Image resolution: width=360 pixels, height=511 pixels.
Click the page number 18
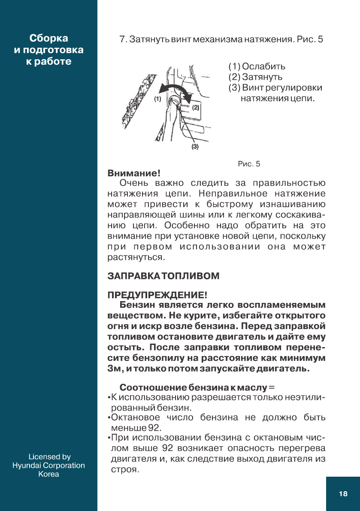pos(343,494)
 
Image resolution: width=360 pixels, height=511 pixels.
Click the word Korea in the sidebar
pos(48,474)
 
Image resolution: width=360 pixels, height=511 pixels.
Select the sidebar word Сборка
pos(48,38)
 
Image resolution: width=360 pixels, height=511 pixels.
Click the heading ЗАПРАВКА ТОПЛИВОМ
pos(163,276)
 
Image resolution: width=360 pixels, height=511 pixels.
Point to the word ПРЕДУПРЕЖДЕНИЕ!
pos(157,295)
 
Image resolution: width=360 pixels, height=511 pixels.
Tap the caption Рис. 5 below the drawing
pos(249,164)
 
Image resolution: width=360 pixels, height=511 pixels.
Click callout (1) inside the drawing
pos(157,99)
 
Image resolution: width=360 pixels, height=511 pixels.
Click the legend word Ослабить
pos(263,67)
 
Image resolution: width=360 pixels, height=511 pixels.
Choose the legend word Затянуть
pos(262,77)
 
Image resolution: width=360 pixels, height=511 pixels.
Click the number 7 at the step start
pos(121,40)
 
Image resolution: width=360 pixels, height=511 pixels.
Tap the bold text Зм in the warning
pos(112,369)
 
